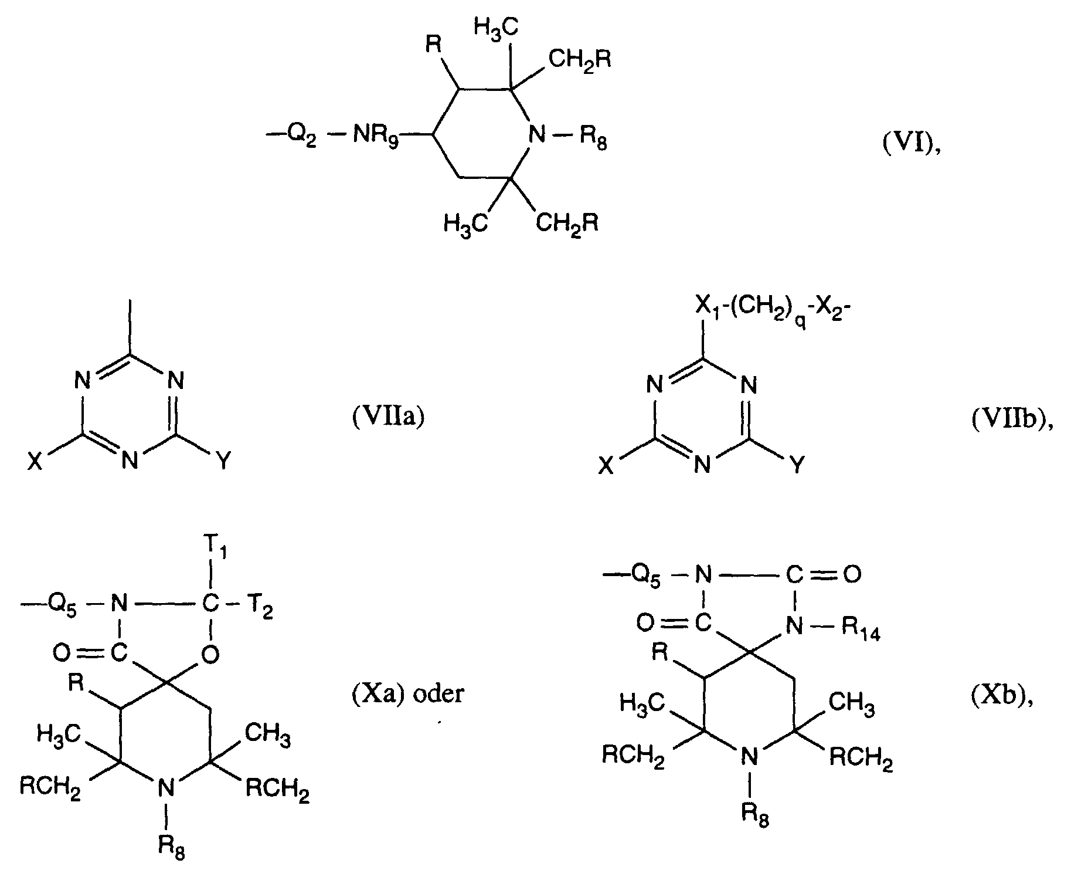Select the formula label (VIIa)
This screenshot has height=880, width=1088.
click(x=387, y=418)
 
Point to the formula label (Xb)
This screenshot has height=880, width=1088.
click(x=1001, y=699)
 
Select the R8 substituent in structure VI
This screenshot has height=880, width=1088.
click(x=593, y=139)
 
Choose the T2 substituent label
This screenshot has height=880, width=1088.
click(x=259, y=605)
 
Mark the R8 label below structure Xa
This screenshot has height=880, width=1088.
click(x=171, y=846)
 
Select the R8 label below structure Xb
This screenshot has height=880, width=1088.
click(x=754, y=814)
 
